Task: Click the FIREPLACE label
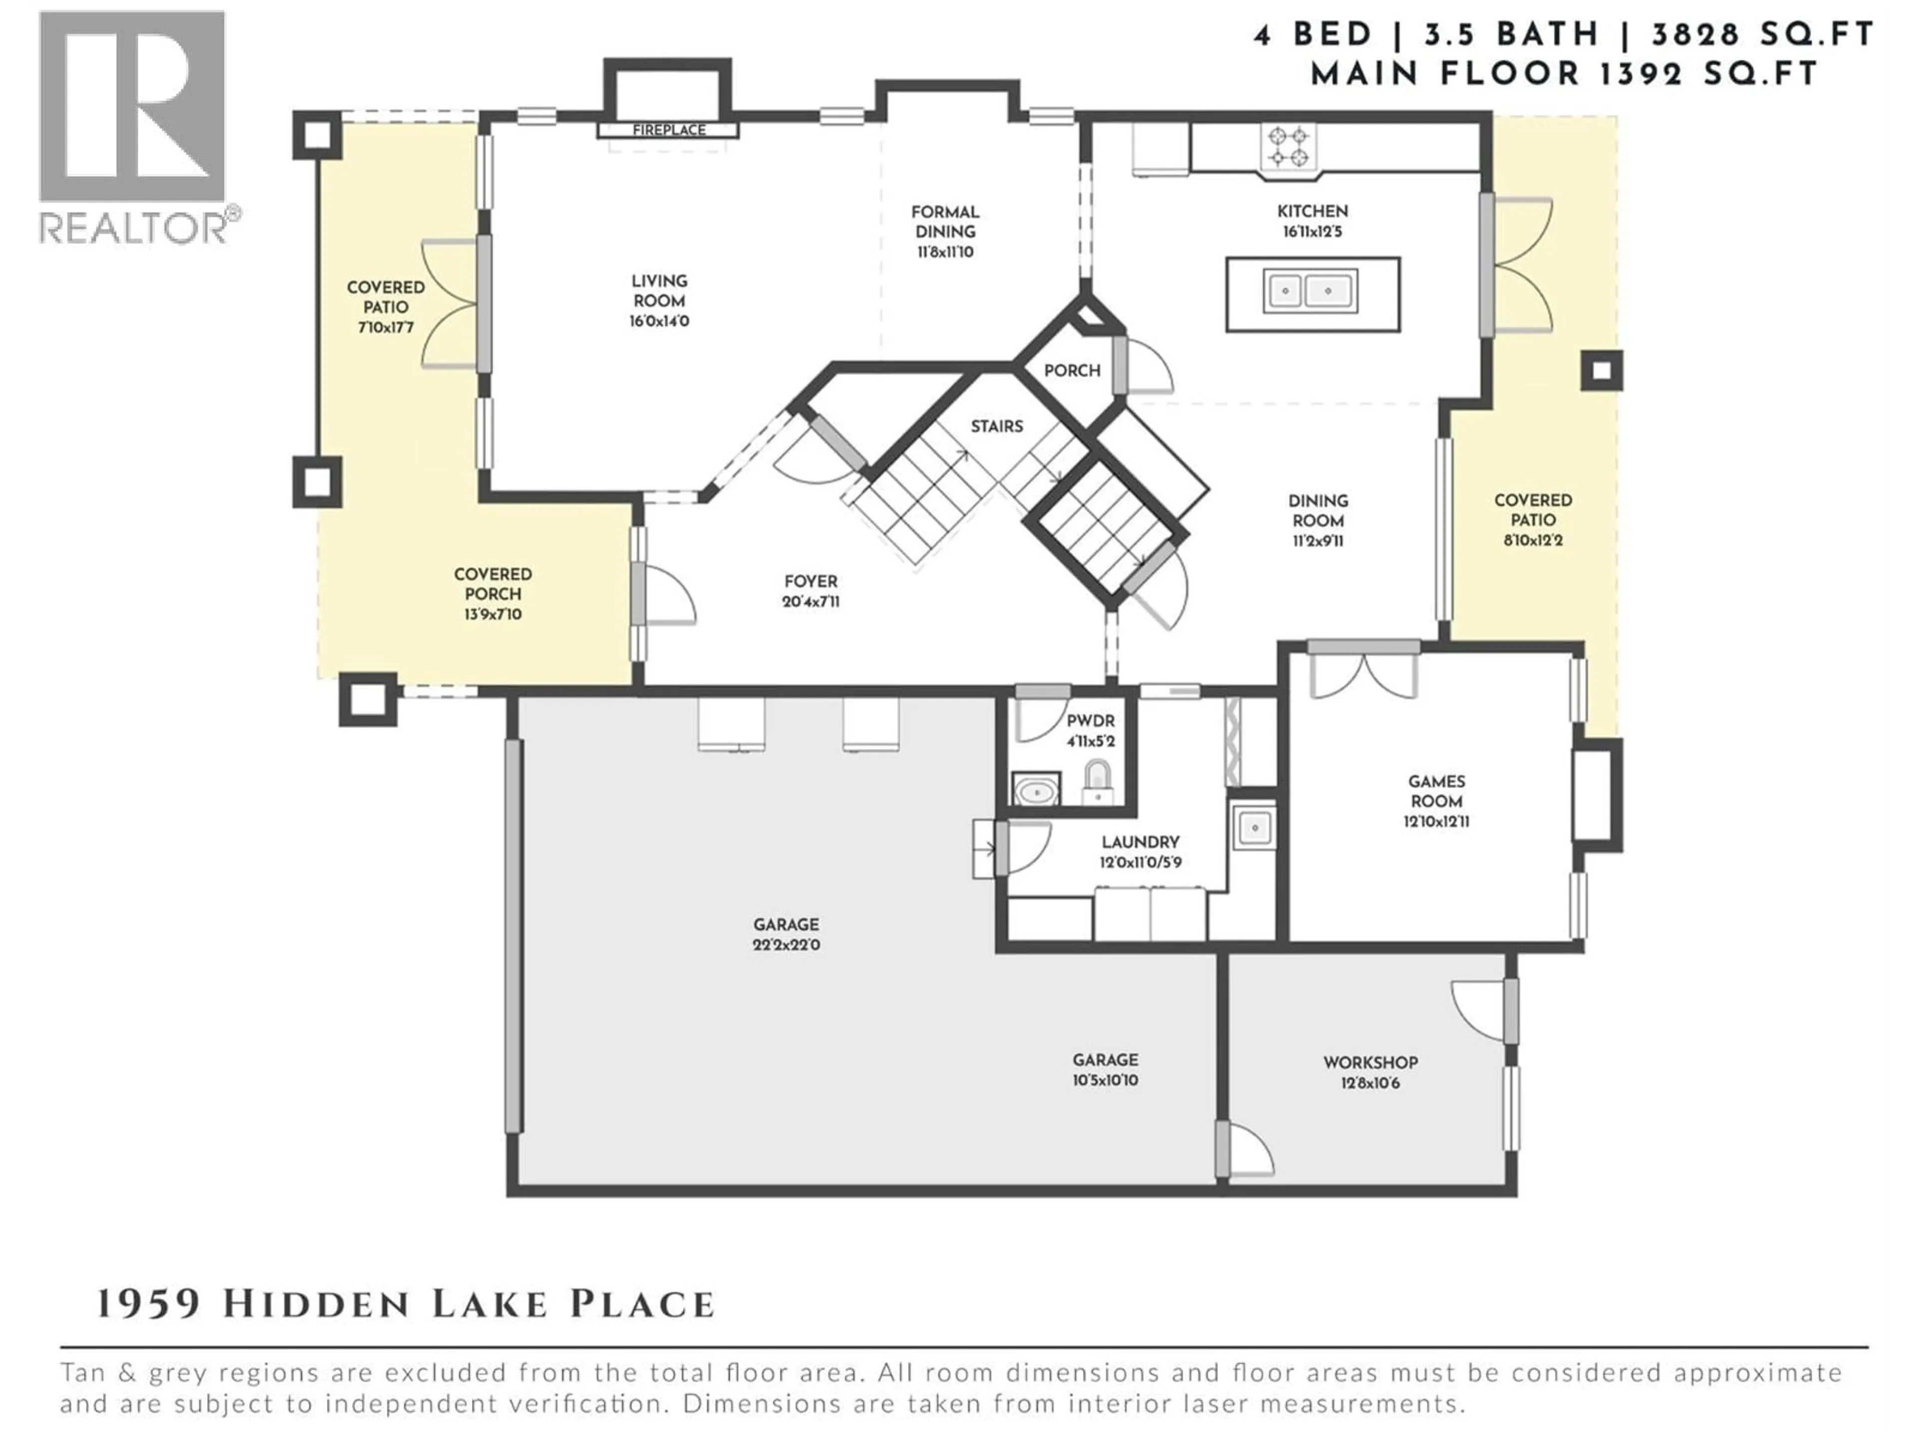pyautogui.click(x=668, y=130)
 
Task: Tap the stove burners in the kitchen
pyautogui.click(x=1288, y=146)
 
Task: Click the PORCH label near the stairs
pyautogui.click(x=1072, y=371)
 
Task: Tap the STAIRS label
pyautogui.click(x=996, y=426)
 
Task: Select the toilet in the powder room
pyautogui.click(x=1097, y=783)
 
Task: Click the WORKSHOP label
pyautogui.click(x=1370, y=1063)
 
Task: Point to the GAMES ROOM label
pyautogui.click(x=1436, y=791)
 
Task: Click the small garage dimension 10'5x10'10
pyautogui.click(x=1105, y=1081)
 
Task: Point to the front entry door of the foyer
pyautogui.click(x=639, y=594)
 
